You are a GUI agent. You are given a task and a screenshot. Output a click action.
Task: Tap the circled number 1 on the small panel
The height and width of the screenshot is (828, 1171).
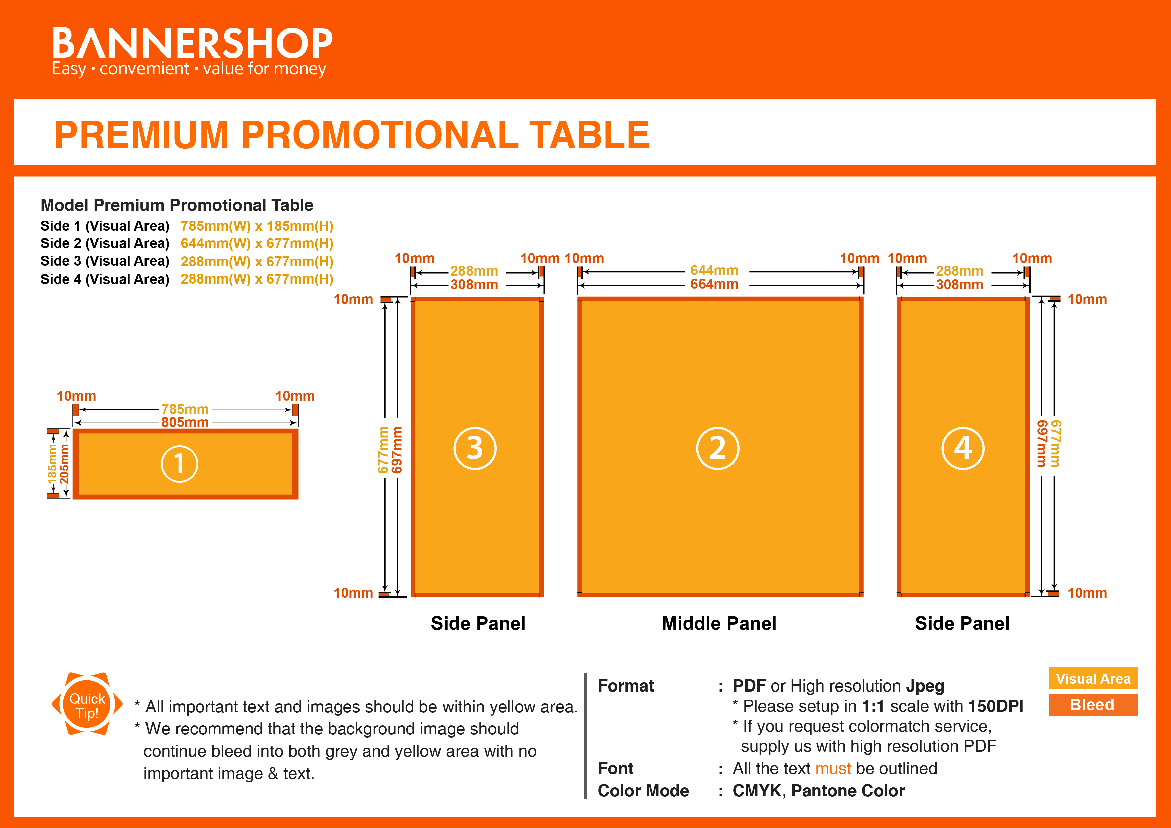[x=179, y=464]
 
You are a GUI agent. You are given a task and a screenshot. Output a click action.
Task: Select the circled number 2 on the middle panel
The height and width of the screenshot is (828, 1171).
[x=717, y=448]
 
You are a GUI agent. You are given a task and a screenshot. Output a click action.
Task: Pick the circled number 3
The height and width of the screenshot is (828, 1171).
[x=474, y=448]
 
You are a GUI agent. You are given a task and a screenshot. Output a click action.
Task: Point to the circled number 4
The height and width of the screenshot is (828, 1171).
[x=962, y=448]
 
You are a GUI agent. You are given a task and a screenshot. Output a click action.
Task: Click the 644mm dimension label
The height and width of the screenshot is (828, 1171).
[x=714, y=270]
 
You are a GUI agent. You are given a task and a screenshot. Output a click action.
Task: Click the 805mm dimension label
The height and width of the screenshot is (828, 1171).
[x=185, y=423]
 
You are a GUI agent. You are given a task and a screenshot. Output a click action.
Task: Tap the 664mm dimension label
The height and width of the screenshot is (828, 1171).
[x=714, y=284]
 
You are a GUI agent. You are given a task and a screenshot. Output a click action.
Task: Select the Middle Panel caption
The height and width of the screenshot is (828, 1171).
[x=718, y=623]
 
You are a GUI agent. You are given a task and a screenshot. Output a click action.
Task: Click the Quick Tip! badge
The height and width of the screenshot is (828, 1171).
[x=87, y=705]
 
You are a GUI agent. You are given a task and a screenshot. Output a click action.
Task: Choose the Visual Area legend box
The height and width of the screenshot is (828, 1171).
[x=1093, y=678]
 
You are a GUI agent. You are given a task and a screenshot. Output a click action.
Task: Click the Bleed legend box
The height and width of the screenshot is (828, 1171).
[x=1093, y=705]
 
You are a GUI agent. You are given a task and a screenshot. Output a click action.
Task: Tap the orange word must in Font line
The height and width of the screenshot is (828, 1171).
[x=833, y=768]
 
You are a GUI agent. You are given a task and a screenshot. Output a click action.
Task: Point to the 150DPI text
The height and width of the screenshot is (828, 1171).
[x=995, y=706]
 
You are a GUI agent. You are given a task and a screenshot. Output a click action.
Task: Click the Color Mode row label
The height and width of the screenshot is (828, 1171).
[x=643, y=791]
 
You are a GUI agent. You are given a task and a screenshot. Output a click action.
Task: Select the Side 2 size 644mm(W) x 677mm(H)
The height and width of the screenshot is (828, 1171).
[x=257, y=243]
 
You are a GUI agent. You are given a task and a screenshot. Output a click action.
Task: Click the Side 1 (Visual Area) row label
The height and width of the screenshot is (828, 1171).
[x=104, y=226]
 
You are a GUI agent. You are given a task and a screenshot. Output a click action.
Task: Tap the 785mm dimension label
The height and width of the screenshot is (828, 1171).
[x=185, y=409]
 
